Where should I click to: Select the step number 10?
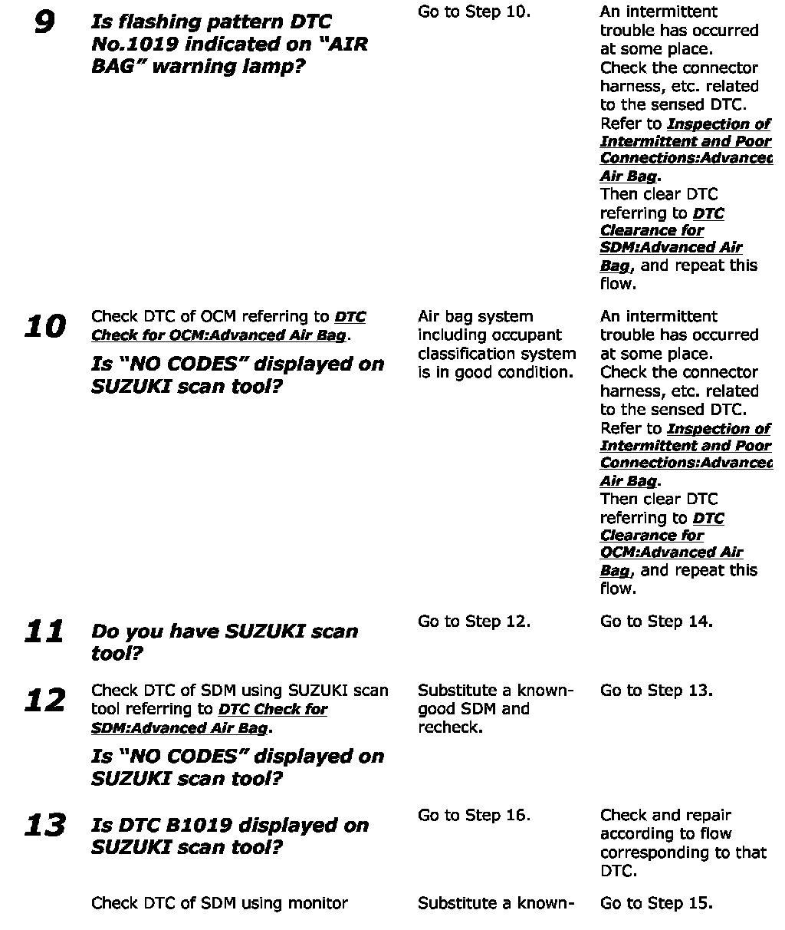(x=45, y=328)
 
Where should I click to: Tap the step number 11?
(x=44, y=632)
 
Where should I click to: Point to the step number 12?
(x=44, y=701)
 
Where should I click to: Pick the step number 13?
(x=44, y=826)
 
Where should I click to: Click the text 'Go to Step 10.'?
(x=474, y=12)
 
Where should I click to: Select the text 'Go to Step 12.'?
(x=474, y=622)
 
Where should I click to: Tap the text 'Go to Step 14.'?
(x=656, y=622)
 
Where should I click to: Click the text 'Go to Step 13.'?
(x=656, y=691)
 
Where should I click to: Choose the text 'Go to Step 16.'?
(x=474, y=816)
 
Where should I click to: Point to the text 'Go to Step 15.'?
(x=656, y=904)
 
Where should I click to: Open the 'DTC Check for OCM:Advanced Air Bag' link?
(x=228, y=327)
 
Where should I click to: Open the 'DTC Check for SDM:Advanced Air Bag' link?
(x=209, y=719)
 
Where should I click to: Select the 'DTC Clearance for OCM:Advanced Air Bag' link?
(x=670, y=544)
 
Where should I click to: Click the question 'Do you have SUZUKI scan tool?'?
(x=224, y=642)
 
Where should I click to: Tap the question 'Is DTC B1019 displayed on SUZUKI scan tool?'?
(x=229, y=836)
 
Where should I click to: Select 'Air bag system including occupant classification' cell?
(x=496, y=345)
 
